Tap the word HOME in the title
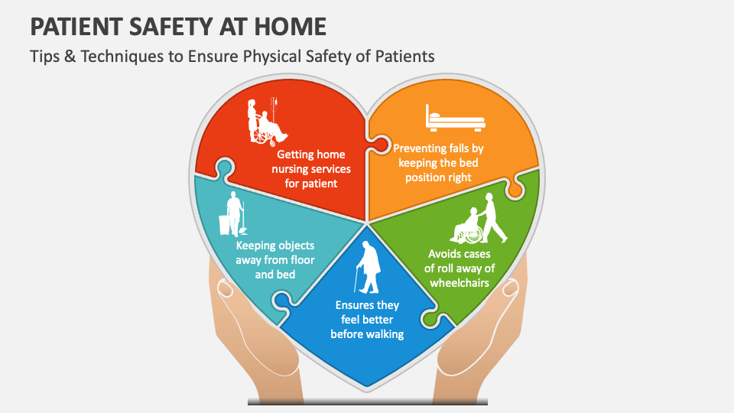288,27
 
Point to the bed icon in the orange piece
456,119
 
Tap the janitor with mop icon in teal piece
232,214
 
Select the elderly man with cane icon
369,267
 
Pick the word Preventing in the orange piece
420,148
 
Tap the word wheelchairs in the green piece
460,282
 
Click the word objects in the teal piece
294,246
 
